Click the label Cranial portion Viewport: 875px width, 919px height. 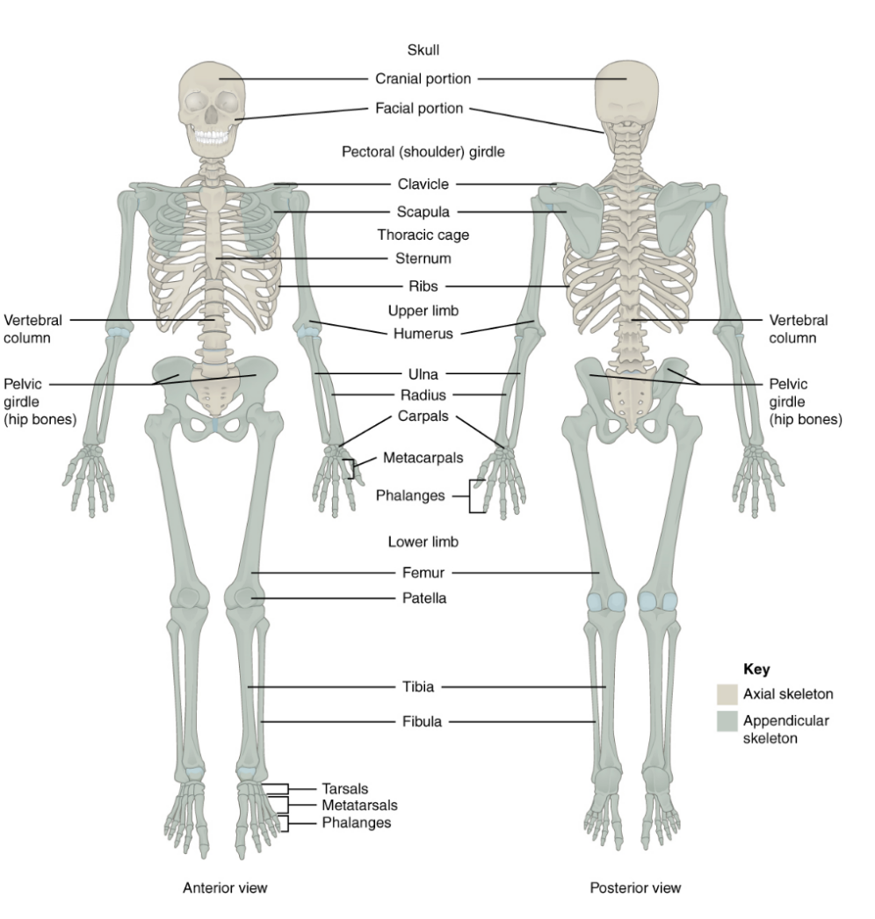pos(423,79)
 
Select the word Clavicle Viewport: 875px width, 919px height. pos(423,185)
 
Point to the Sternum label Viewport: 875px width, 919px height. pos(423,258)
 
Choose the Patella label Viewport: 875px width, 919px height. pos(423,598)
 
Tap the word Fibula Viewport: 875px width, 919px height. pos(423,722)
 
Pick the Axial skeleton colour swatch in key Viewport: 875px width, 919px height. pos(727,694)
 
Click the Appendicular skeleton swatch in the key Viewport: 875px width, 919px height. pos(727,721)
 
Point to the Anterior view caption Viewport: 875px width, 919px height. pos(225,888)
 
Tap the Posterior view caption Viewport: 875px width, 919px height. pos(635,888)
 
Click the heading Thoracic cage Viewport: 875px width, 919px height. pos(423,235)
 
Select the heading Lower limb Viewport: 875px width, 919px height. pos(423,542)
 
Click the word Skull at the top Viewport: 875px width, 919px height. pos(423,50)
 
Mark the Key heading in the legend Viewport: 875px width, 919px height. pos(731,669)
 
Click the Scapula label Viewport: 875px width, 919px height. pos(423,212)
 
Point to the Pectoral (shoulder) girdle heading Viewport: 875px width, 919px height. pos(423,152)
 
